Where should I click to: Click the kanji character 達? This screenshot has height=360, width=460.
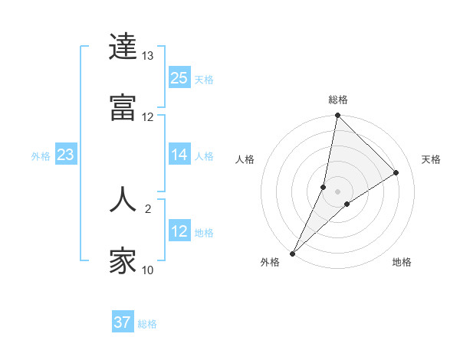pos(123,47)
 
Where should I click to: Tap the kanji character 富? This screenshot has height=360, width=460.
pos(123,108)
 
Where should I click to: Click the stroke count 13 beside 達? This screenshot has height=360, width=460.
pos(148,56)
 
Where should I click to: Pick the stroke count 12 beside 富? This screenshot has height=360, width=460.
pos(148,117)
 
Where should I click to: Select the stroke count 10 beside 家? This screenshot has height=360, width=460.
pos(148,270)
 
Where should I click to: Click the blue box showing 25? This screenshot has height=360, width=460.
pos(179,78)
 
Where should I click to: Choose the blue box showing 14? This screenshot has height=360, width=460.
pos(179,155)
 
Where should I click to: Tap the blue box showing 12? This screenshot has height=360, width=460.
pos(179,232)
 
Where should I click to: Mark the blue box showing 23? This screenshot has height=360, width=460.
pos(66,155)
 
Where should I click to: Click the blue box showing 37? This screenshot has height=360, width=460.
pos(123,322)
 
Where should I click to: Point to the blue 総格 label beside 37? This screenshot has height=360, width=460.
pos(147,324)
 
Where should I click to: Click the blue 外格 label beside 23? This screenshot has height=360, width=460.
pos(41,156)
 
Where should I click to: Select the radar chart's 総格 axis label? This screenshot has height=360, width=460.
pos(338,100)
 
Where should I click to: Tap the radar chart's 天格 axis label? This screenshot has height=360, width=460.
pos(431,159)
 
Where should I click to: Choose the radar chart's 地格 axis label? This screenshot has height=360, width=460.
pos(402,263)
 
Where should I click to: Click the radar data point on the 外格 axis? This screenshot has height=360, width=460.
pos(293,254)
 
